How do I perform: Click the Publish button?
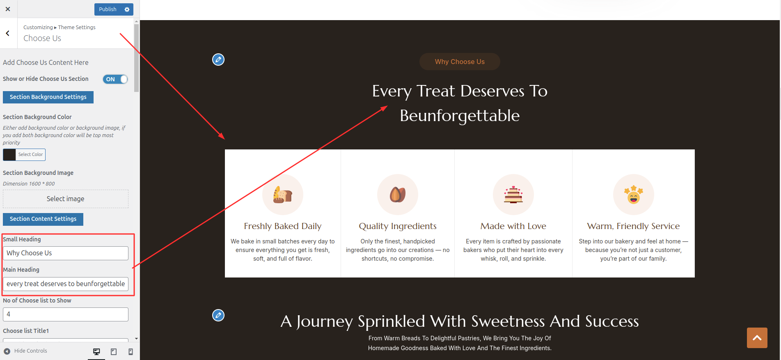(x=108, y=9)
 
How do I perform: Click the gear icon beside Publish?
(x=127, y=9)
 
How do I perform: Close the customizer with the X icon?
(x=8, y=9)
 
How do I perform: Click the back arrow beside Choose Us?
(x=8, y=33)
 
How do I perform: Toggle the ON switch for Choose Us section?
(x=115, y=79)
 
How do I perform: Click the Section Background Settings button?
(x=48, y=97)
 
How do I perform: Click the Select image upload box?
(x=66, y=199)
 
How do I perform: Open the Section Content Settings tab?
(x=43, y=219)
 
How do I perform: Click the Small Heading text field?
(x=66, y=253)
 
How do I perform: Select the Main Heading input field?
(x=66, y=284)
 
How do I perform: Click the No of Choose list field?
(x=66, y=314)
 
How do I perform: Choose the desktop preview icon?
(x=96, y=352)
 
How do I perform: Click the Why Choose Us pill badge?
(x=460, y=62)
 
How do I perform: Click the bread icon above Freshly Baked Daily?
(x=283, y=195)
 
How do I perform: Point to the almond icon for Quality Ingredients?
(x=398, y=195)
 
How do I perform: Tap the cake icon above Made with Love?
(x=513, y=195)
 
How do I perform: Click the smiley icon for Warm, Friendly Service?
(x=634, y=195)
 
